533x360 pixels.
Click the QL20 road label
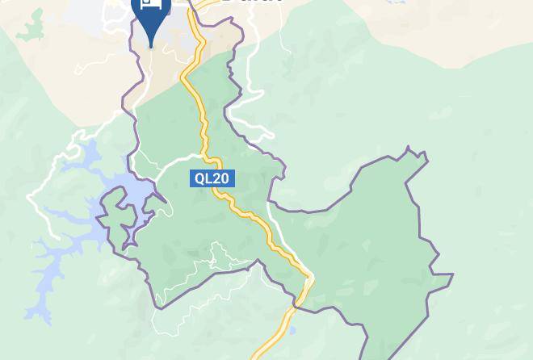tap(212, 178)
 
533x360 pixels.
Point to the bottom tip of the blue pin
tap(150, 46)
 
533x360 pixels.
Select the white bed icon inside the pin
tap(150, 3)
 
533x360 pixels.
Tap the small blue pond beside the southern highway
tap(292, 331)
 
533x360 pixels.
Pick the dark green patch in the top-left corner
tap(31, 24)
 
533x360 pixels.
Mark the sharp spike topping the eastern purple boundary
tap(409, 149)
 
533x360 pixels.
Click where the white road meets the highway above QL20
tap(201, 156)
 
